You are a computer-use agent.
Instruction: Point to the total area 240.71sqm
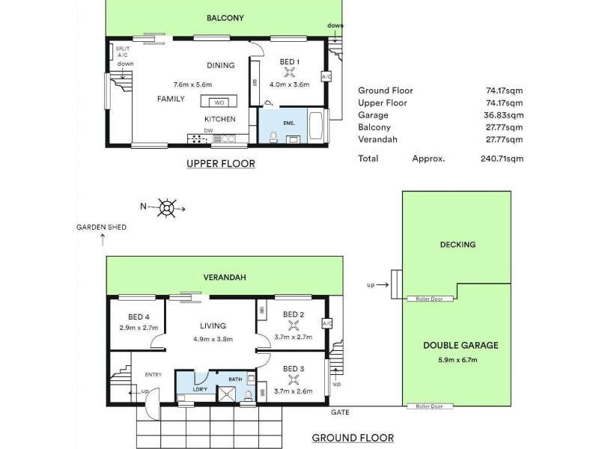coord(502,159)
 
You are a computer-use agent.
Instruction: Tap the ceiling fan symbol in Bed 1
coord(291,73)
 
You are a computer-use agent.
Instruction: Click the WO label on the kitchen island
coord(219,103)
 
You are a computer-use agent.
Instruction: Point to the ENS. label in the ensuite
coord(289,122)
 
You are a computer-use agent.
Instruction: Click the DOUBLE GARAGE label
coord(460,345)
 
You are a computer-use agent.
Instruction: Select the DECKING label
coord(457,245)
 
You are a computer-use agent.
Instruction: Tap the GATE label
coord(338,412)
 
